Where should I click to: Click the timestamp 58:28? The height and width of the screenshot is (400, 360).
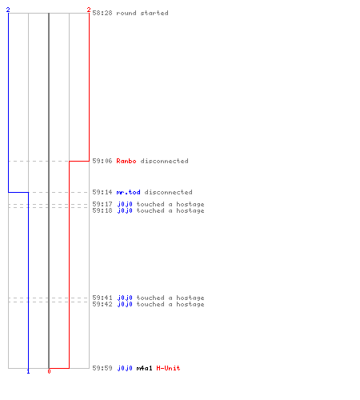(x=102, y=13)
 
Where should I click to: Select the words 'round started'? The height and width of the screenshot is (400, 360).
(x=142, y=13)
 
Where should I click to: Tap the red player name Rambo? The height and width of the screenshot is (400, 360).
(x=126, y=161)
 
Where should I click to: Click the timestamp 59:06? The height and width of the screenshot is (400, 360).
(x=102, y=161)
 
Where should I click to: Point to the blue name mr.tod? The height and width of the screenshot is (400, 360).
(x=129, y=192)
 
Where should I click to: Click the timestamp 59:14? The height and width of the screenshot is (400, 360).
(x=102, y=192)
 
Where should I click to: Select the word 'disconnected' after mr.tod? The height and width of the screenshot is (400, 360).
(x=169, y=192)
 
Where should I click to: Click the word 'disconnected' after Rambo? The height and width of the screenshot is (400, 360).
(x=165, y=161)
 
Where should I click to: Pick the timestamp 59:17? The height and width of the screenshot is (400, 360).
(x=102, y=204)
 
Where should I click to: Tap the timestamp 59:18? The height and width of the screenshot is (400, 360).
(x=102, y=210)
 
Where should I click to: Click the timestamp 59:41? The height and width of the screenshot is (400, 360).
(x=102, y=298)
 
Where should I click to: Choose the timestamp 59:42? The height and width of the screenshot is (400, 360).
(x=102, y=304)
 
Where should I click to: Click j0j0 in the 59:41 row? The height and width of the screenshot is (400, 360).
(x=125, y=298)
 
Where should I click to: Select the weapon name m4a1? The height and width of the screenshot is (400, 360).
(x=144, y=368)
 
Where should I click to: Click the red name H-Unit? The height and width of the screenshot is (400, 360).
(x=168, y=368)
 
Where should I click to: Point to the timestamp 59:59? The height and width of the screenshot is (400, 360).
(x=102, y=368)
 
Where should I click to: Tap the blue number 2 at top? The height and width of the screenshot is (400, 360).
(x=8, y=10)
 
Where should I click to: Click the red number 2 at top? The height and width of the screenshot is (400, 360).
(x=89, y=10)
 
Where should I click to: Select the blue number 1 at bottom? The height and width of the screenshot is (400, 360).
(x=28, y=371)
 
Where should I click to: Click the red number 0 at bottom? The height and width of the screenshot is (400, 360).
(x=49, y=371)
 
